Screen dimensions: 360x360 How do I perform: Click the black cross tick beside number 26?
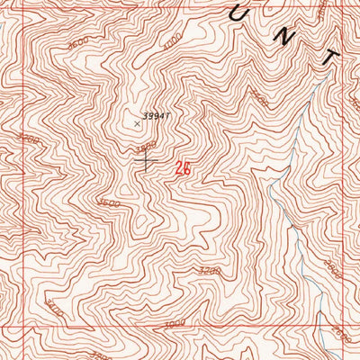click(147, 161)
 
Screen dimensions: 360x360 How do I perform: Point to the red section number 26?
click(184, 167)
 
